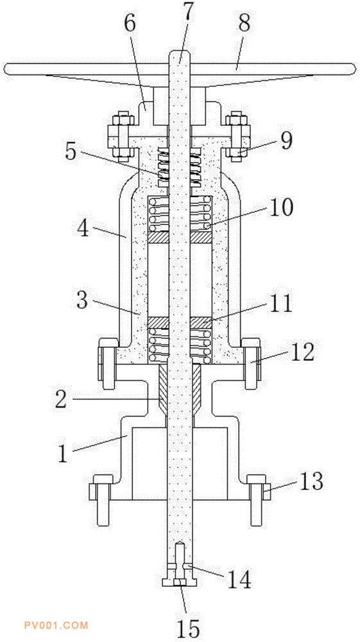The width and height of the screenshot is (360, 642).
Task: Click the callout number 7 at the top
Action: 187,15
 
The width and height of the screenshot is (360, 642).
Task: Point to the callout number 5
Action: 70,152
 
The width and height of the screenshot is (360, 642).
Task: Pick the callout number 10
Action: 279,208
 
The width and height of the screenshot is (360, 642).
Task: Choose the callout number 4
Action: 83,229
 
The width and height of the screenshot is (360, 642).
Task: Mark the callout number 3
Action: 83,300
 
